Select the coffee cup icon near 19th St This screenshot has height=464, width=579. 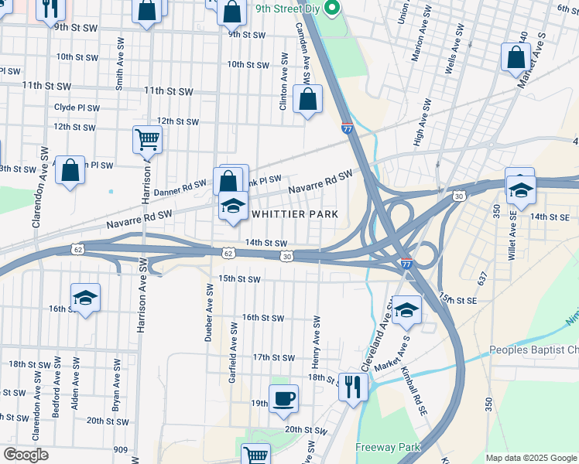pyautogui.click(x=283, y=399)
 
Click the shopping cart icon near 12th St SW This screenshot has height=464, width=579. pyautogui.click(x=146, y=139)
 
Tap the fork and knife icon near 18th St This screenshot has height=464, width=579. pyautogui.click(x=353, y=386)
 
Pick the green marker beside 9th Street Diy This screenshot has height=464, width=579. pyautogui.click(x=333, y=9)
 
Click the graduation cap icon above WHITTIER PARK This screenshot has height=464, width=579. pyautogui.click(x=232, y=206)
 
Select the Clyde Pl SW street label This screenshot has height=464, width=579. pyautogui.click(x=74, y=107)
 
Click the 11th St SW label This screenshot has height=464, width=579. pyautogui.click(x=170, y=91)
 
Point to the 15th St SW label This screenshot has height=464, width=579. pyautogui.click(x=238, y=278)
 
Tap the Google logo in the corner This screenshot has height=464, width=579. pyautogui.click(x=26, y=455)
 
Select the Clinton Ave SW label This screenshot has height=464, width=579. pyautogui.click(x=283, y=81)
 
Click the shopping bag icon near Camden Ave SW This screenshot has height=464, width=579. pyautogui.click(x=308, y=100)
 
